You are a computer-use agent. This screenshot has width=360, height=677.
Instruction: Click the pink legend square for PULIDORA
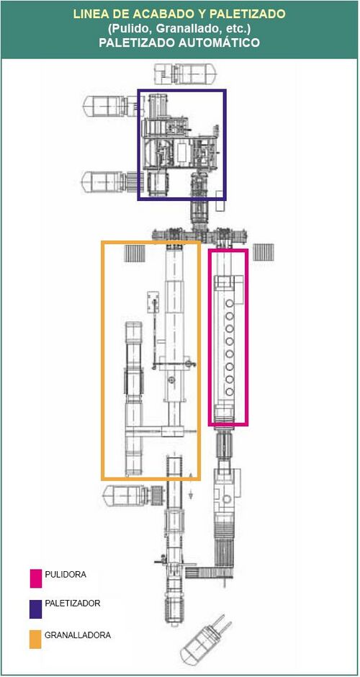tap(35, 578)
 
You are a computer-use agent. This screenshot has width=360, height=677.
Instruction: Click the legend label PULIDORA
tap(66, 575)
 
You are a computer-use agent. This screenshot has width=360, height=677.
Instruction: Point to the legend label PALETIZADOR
tap(73, 603)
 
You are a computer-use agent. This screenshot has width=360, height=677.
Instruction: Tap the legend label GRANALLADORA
tap(78, 635)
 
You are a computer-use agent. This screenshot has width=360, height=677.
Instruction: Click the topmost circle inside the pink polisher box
tap(230, 303)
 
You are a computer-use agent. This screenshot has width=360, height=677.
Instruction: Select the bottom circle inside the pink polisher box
tap(230, 392)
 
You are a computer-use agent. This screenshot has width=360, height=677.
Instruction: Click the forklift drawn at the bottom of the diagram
tap(205, 642)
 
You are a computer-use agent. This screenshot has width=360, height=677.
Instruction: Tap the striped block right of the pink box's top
tap(264, 252)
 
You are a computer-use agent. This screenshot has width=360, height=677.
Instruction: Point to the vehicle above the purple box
tap(185, 73)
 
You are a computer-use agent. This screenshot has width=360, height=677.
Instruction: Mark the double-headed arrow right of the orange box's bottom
tap(190, 485)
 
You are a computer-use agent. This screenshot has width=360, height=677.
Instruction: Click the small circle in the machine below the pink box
tap(227, 499)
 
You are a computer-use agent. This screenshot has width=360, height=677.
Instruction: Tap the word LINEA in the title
tap(89, 14)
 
